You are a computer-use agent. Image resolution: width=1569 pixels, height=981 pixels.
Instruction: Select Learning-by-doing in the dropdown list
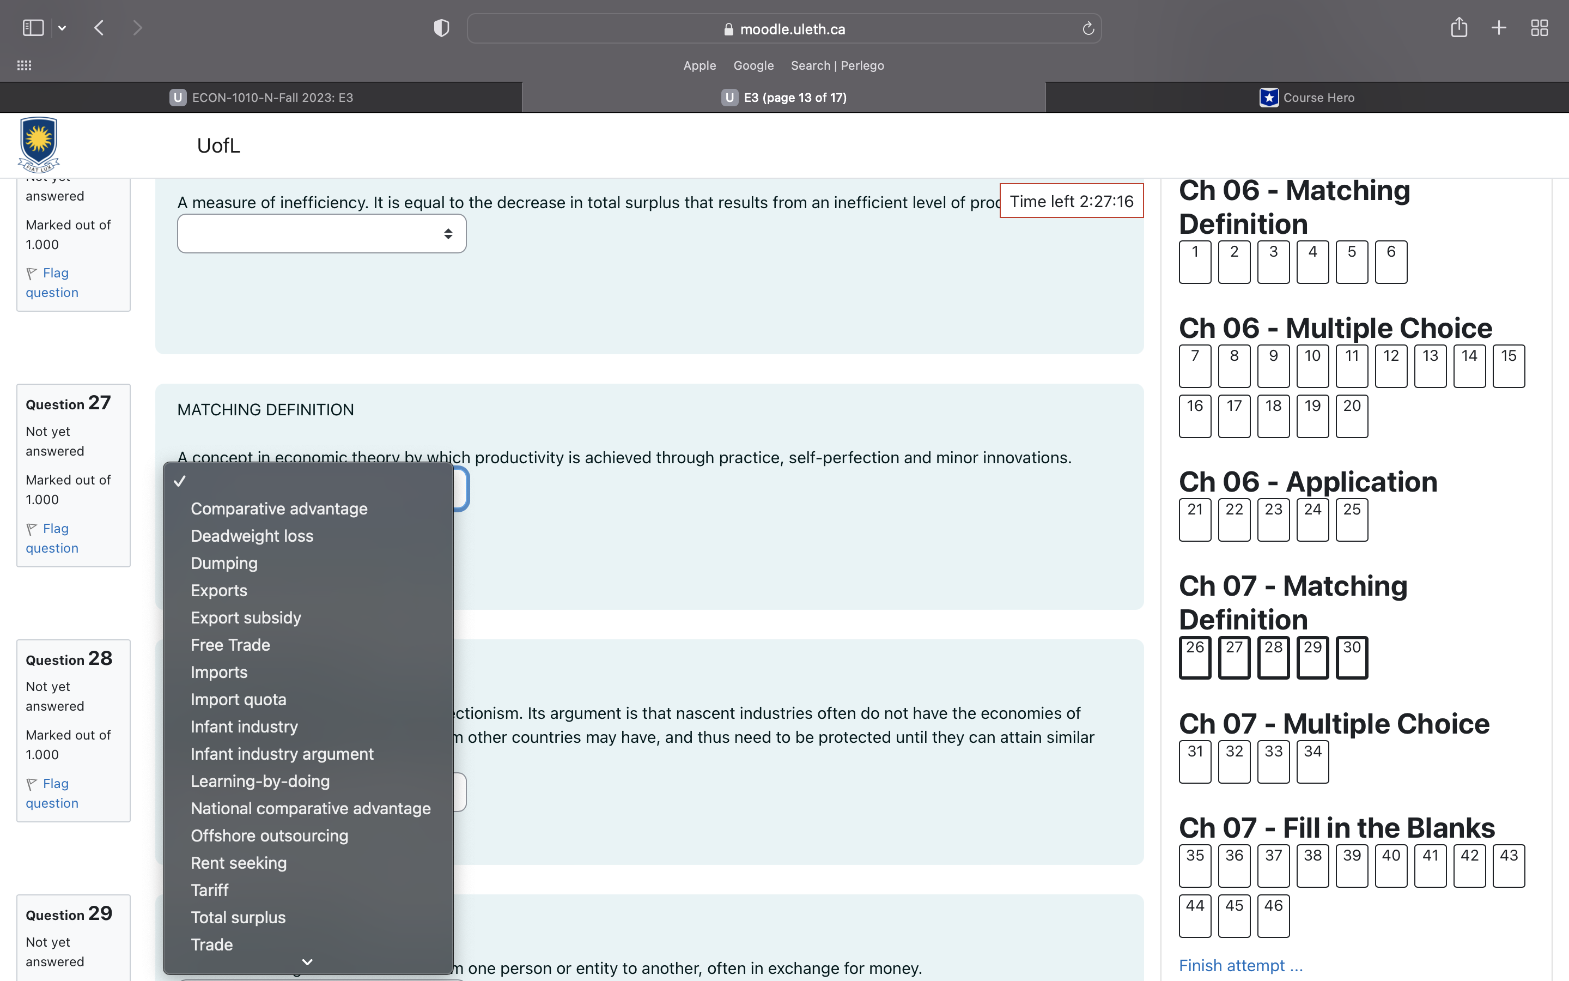[x=260, y=781]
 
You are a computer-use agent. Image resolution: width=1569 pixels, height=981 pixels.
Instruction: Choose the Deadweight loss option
[x=252, y=536]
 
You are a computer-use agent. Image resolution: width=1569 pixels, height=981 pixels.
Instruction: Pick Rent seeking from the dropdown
[x=238, y=863]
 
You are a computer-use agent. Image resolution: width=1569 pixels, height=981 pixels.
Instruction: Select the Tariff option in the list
[x=209, y=890]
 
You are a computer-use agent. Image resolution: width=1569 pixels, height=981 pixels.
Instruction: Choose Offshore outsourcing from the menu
[x=269, y=835]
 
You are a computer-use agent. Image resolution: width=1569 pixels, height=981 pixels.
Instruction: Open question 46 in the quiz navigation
[x=1273, y=916]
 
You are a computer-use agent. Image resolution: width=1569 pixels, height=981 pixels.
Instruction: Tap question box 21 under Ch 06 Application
[x=1194, y=520]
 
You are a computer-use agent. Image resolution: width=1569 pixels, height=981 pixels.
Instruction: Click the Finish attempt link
[x=1239, y=965]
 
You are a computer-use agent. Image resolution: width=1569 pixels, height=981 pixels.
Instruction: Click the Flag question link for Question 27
[x=52, y=538]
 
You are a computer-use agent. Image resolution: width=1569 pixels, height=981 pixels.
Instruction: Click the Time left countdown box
[x=1071, y=201]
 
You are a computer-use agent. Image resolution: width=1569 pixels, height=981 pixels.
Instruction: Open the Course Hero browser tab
[x=1306, y=98]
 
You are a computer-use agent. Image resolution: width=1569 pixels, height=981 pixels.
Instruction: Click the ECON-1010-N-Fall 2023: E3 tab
[x=261, y=98]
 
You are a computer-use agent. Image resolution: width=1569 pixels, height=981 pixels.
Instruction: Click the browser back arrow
[x=99, y=28]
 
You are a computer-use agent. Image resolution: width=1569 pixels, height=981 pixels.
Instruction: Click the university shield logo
[x=39, y=144]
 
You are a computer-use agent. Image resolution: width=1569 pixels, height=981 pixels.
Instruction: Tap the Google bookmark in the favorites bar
[x=753, y=65]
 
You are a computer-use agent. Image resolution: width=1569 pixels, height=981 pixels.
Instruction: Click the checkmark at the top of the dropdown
[x=180, y=481]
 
